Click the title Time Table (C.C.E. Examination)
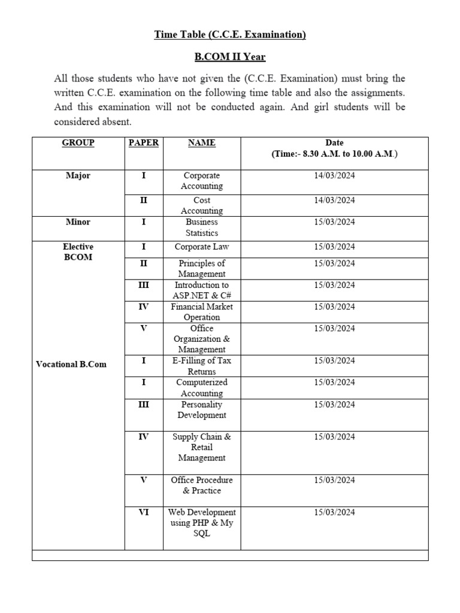(230, 35)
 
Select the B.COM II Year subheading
(230, 57)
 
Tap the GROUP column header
(78, 143)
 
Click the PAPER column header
(144, 143)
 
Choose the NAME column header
(202, 143)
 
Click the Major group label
(78, 176)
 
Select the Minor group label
(78, 222)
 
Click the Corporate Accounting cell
(202, 181)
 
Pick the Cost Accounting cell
(202, 205)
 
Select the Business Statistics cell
(202, 227)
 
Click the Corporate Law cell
(202, 247)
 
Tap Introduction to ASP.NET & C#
(202, 290)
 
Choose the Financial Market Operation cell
(202, 312)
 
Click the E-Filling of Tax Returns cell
(202, 366)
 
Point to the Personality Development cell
(202, 409)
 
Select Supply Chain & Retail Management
(202, 447)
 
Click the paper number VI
(144, 512)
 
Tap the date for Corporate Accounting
(334, 176)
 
